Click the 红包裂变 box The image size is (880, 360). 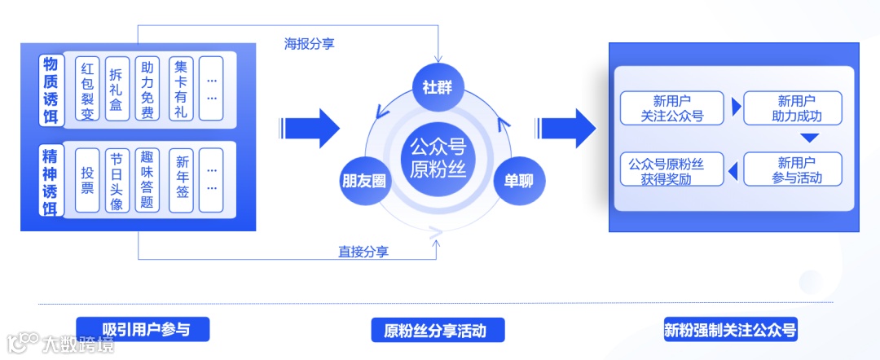[87, 89]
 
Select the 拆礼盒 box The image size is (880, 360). [117, 89]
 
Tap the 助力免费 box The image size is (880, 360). [147, 89]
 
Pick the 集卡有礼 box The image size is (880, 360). [181, 89]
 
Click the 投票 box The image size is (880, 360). [87, 180]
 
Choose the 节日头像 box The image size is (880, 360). [117, 180]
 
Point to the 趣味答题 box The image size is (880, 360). [147, 180]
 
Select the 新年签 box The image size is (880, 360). [182, 180]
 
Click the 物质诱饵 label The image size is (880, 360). [51, 89]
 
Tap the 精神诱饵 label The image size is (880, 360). [51, 180]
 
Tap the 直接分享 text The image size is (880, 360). [363, 252]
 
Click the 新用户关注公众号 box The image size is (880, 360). [671, 108]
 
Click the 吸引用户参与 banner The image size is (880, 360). [143, 329]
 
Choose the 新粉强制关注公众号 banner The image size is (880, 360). [730, 330]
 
